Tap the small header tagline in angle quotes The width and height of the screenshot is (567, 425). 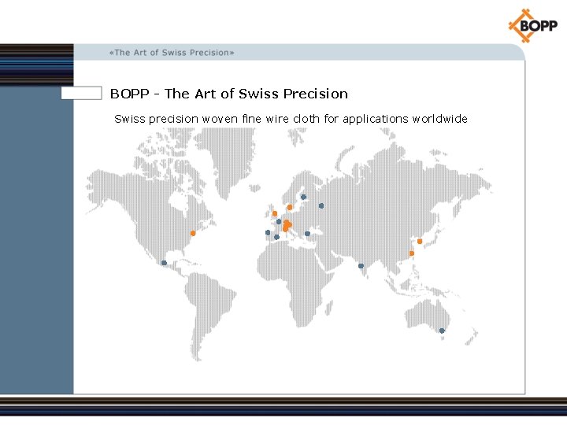point(172,53)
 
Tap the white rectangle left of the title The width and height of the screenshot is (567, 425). point(82,93)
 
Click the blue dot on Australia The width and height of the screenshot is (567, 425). point(442,331)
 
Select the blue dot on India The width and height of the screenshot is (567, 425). point(361,265)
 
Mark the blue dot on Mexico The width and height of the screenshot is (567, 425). point(164,263)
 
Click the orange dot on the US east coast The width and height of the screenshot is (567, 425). point(193,233)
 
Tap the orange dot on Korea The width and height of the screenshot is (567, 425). point(420,241)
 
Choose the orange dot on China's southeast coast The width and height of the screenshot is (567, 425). point(411,253)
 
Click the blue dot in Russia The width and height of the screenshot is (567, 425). point(321,206)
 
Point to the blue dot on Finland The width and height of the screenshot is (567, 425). point(303,197)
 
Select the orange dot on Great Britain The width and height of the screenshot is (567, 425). point(275,213)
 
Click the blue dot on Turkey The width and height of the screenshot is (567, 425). point(307,234)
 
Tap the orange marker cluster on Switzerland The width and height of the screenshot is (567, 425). point(287,226)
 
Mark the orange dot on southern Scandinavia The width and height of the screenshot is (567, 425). point(290,207)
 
